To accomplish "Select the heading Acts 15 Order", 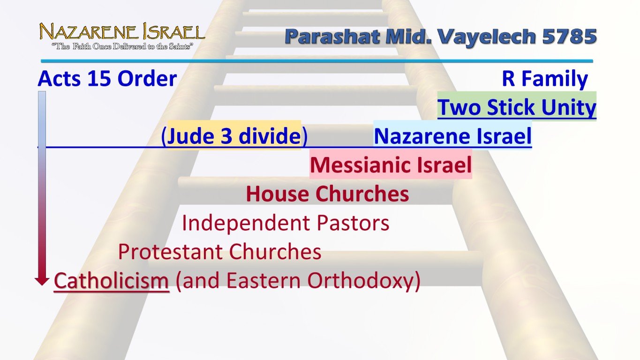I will (x=107, y=79).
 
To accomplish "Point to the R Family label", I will (x=544, y=79).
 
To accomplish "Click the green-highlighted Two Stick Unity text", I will (x=517, y=108).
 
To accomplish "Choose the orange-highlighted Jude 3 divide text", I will (x=234, y=136).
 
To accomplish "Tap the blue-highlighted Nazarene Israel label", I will (x=452, y=136).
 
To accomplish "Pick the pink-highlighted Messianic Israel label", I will (x=391, y=165).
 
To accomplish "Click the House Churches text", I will (x=327, y=194).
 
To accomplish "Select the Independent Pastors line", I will (x=286, y=223).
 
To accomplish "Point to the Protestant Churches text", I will (x=219, y=252).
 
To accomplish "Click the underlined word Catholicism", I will (x=112, y=281).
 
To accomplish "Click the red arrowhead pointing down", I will (x=42, y=281).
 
